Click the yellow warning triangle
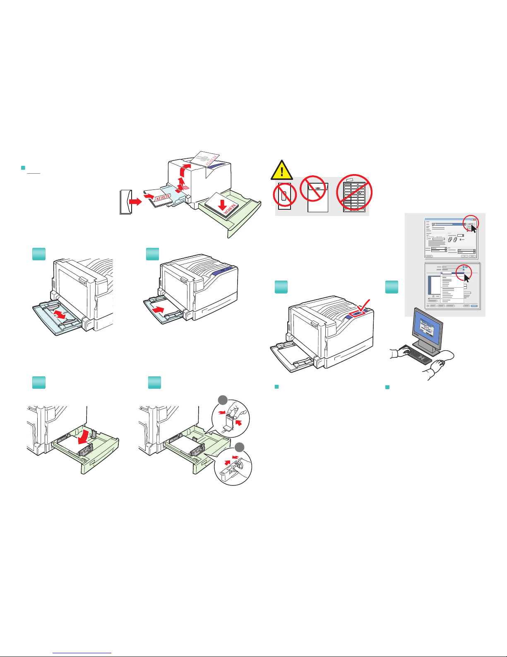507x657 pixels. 282,170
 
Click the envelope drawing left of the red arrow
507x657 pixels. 125,202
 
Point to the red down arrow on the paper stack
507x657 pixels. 223,205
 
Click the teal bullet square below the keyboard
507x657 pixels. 388,387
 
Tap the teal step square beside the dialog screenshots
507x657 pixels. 392,287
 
